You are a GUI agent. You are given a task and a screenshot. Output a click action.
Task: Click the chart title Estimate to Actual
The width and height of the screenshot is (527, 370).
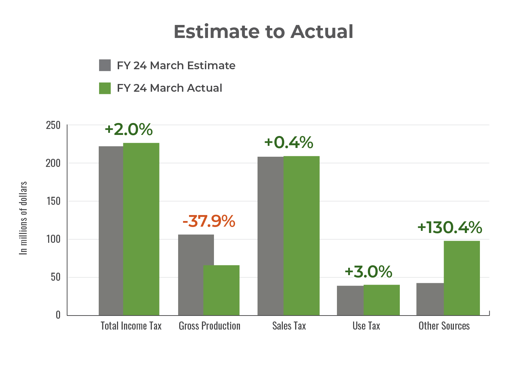pos(263,32)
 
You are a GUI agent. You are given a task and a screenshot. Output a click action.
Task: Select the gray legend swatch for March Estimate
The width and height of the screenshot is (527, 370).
pos(105,65)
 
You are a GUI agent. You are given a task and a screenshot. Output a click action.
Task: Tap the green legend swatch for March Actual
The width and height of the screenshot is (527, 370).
pos(105,88)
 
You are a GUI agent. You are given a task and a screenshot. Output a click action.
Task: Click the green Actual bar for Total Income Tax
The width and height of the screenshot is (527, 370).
pos(141,228)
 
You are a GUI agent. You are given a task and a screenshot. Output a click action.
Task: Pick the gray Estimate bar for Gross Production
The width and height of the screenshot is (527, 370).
pos(191,274)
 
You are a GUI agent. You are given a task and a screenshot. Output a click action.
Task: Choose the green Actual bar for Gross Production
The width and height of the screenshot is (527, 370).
pos(221,290)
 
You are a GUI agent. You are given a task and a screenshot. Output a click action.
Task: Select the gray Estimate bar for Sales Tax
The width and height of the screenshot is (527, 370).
pos(270,235)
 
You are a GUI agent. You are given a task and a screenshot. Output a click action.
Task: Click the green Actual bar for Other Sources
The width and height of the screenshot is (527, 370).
pos(462,278)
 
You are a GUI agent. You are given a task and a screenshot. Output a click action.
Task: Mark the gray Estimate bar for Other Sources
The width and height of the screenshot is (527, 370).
pos(430,299)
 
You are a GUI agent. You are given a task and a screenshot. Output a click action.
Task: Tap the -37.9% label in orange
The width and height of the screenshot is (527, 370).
pos(209,221)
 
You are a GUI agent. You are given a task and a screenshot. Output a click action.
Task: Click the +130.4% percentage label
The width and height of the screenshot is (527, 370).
pos(449,227)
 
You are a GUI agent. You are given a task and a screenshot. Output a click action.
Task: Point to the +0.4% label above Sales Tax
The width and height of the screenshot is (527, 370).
pos(288,143)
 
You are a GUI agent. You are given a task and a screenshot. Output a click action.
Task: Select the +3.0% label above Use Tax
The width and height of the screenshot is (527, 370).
pos(368,272)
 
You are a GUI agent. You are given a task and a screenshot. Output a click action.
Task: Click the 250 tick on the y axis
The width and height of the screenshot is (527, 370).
pos(53,125)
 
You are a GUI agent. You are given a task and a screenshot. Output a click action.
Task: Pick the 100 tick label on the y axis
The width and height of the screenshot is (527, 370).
pos(53,239)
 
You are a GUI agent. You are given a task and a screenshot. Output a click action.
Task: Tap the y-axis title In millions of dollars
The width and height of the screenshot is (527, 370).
pos(23,218)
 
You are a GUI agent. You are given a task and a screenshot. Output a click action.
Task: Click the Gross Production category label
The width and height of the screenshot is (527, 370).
pos(209,326)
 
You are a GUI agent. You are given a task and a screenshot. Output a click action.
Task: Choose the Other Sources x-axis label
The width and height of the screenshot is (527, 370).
pos(444,326)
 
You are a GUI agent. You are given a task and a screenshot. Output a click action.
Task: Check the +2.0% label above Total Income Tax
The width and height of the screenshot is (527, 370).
pos(129,130)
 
